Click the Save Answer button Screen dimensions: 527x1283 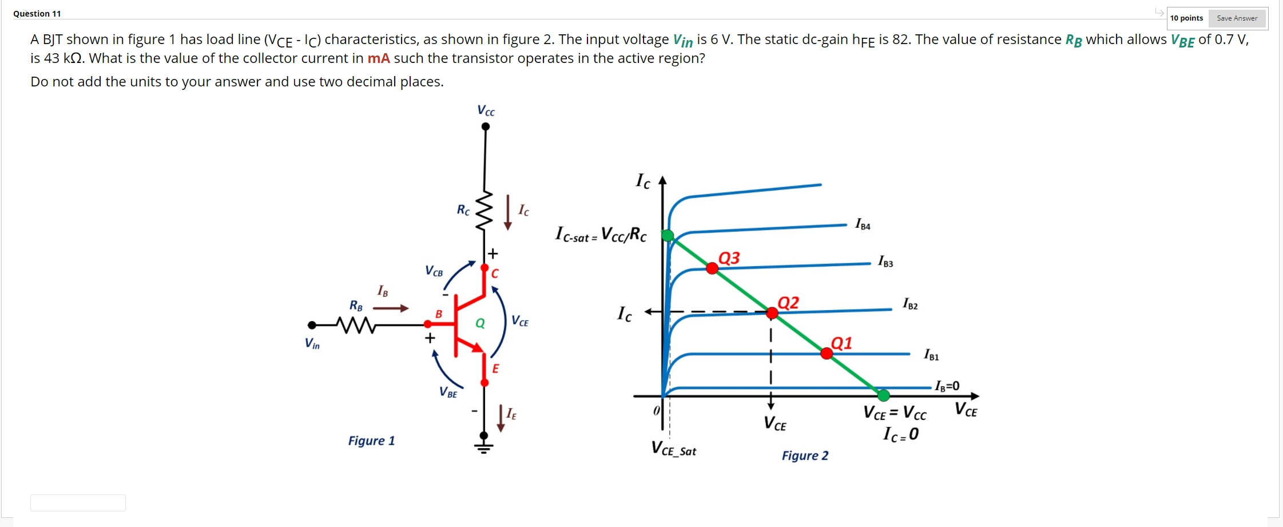[x=1237, y=18]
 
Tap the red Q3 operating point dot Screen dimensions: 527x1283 [x=712, y=268]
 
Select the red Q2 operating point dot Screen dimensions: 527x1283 [x=772, y=312]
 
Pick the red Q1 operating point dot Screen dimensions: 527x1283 [x=827, y=353]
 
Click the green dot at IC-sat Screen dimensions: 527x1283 [x=668, y=235]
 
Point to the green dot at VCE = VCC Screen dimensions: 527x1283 [x=884, y=395]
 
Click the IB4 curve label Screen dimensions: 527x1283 [x=863, y=224]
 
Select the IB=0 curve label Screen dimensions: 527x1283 [x=947, y=386]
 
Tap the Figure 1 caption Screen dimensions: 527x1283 [x=371, y=441]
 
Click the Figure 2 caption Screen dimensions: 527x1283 [x=805, y=455]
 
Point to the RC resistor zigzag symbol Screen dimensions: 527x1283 [x=484, y=211]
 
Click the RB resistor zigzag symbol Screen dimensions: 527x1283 [x=356, y=325]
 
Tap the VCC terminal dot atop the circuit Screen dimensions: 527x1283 [x=486, y=127]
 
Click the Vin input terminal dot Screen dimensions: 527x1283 [x=312, y=325]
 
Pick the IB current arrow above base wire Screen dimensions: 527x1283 [x=391, y=308]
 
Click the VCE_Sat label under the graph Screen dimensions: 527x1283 [x=674, y=449]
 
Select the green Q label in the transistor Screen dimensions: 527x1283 [x=480, y=323]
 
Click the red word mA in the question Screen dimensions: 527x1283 [x=379, y=58]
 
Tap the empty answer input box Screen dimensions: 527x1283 [x=78, y=503]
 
